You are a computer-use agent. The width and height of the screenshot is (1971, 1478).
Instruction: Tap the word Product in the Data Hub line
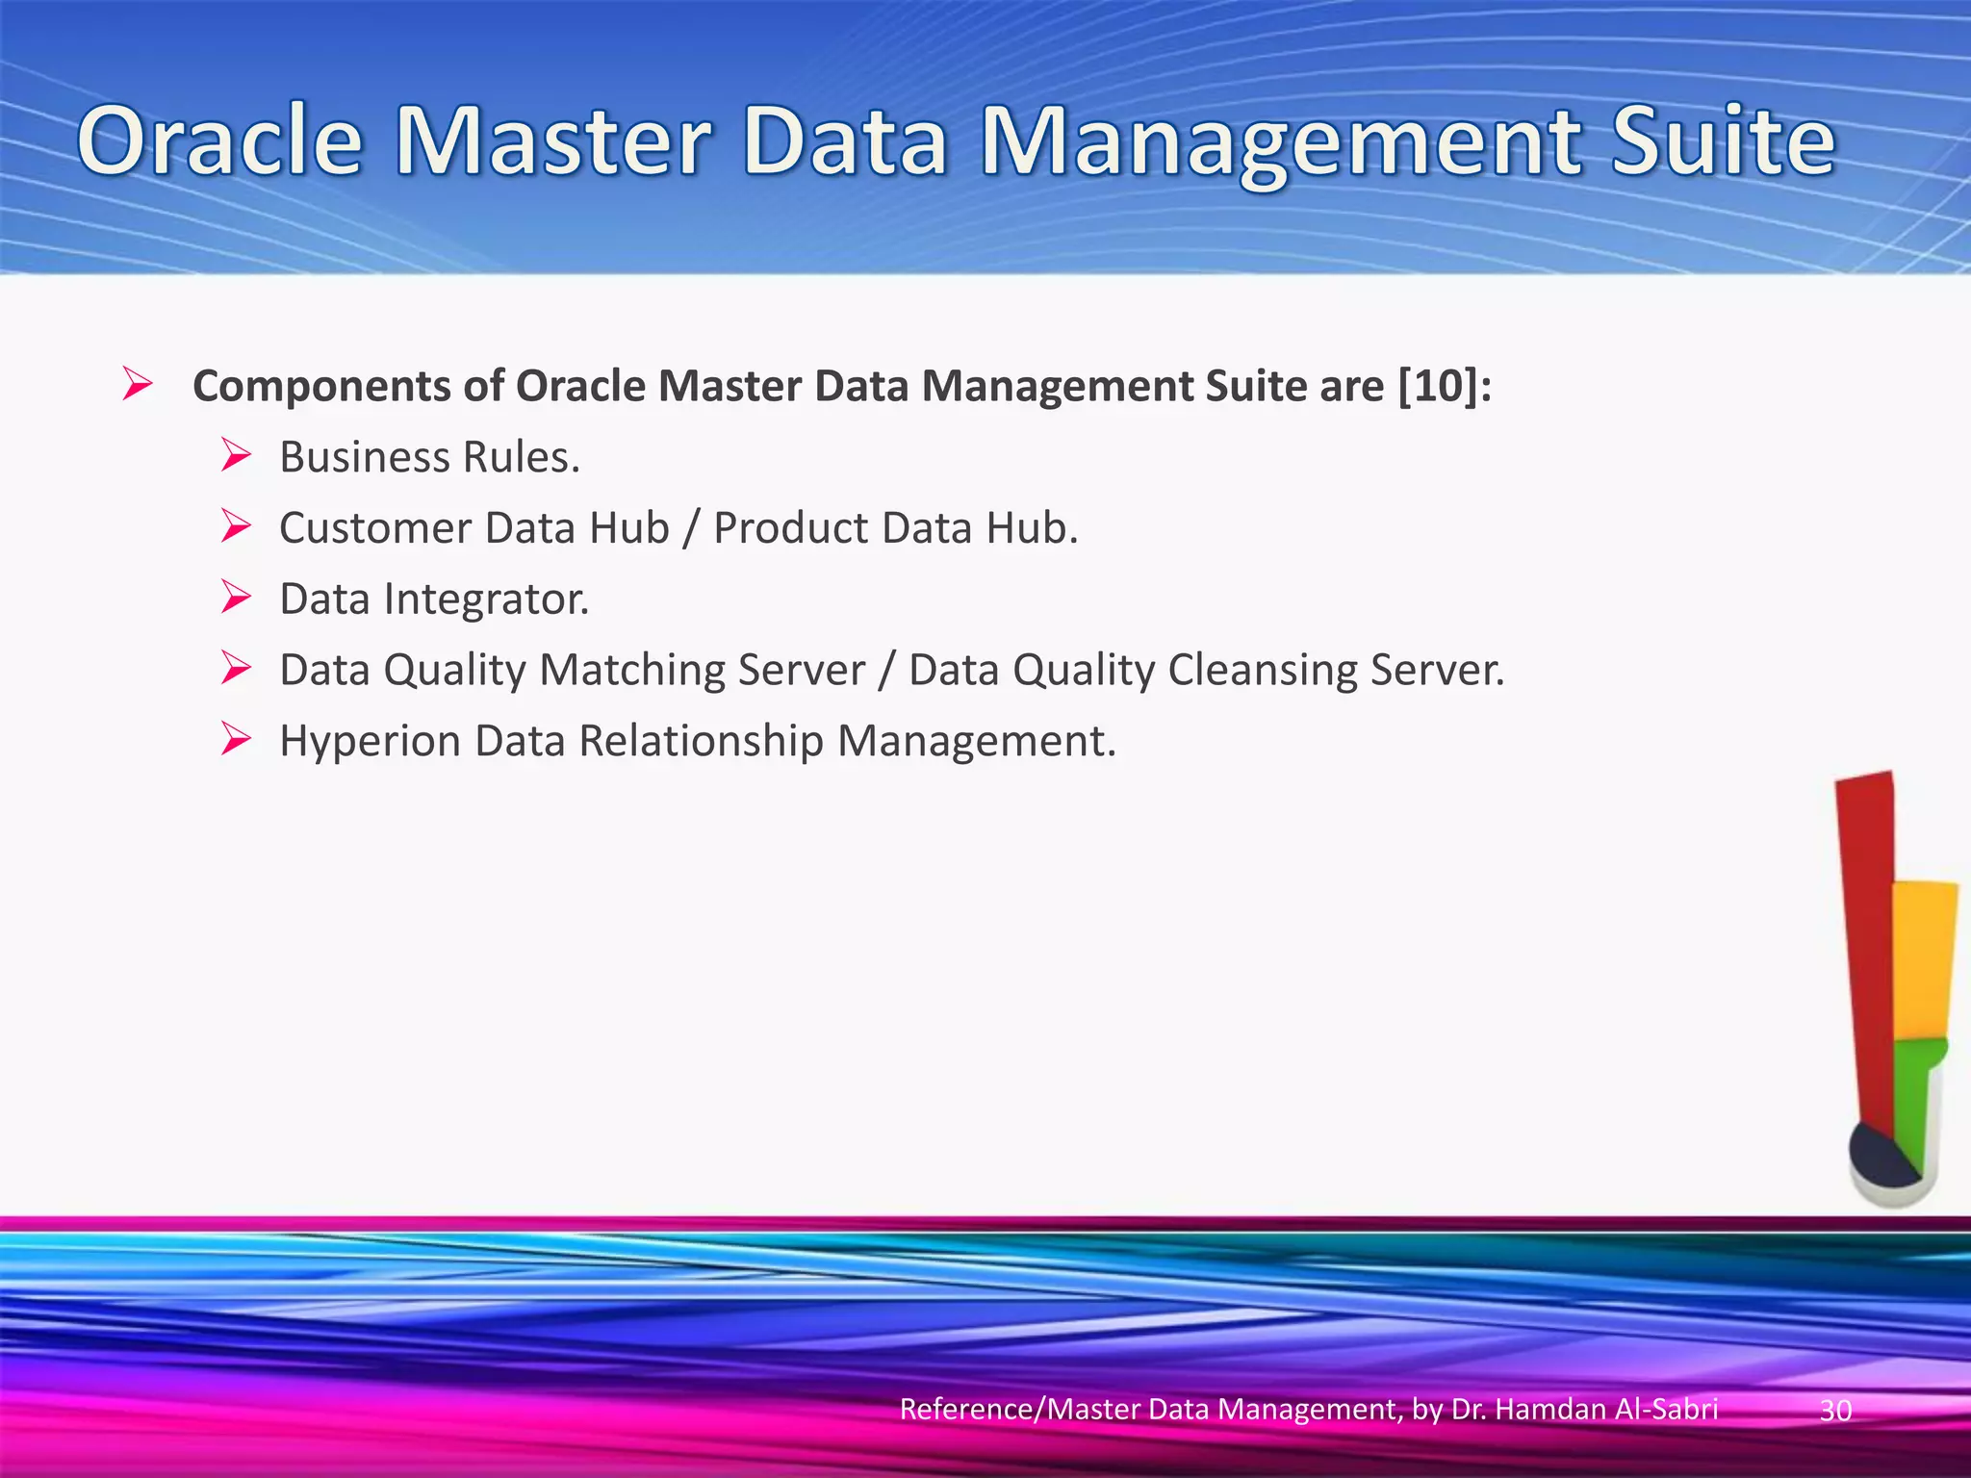tap(790, 528)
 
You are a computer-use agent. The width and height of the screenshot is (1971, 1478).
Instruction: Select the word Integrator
tap(486, 599)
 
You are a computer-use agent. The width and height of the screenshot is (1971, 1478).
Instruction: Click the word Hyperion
tap(369, 742)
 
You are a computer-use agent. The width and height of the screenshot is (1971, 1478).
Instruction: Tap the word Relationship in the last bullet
tap(701, 742)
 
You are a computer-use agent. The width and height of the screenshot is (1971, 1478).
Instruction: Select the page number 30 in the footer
tap(1835, 1411)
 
